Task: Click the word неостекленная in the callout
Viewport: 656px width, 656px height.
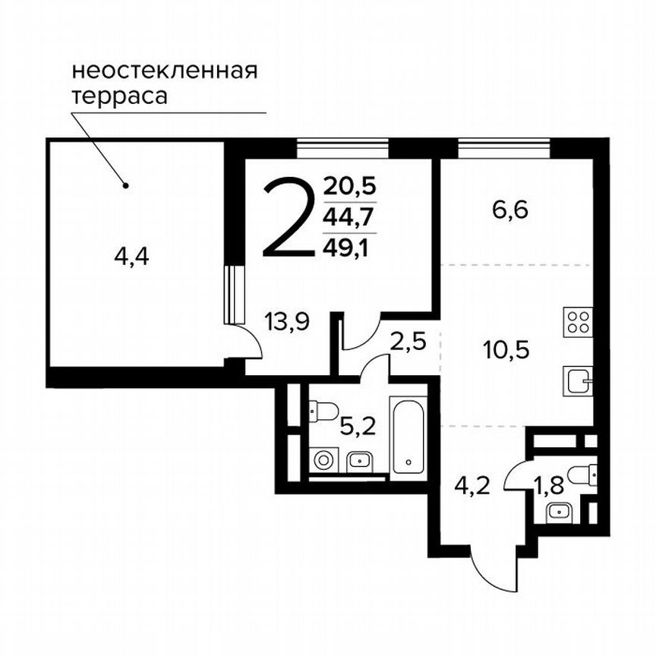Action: (165, 72)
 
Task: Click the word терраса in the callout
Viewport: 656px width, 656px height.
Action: (119, 97)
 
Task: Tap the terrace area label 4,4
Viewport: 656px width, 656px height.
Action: (131, 257)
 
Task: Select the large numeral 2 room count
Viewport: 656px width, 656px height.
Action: (287, 218)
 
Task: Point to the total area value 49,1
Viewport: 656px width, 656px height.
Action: (349, 246)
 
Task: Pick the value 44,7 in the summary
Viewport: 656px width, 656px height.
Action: (349, 217)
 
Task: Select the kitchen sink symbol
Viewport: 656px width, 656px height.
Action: (578, 379)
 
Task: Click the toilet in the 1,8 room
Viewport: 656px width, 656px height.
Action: (585, 474)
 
